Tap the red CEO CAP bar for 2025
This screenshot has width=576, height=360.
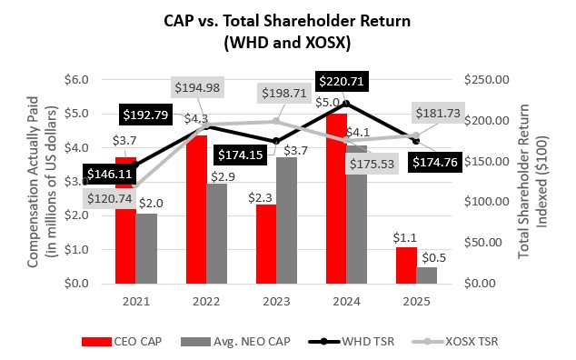407,265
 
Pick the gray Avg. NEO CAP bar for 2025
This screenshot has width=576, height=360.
427,275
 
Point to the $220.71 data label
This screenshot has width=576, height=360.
343,82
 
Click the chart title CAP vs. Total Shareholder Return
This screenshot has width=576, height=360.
289,20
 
